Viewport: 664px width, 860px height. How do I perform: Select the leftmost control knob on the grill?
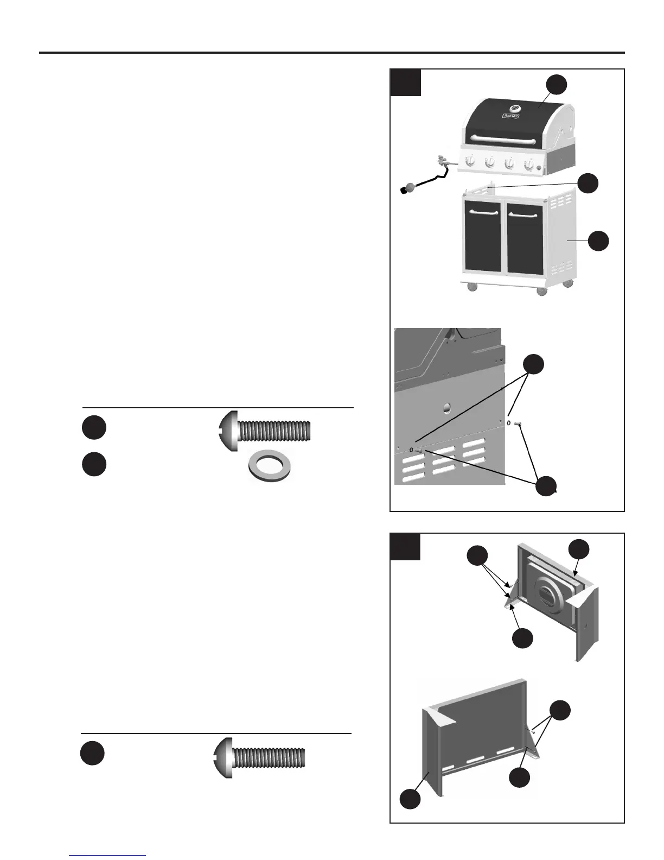point(472,161)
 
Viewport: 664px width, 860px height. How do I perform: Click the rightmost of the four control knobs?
point(528,164)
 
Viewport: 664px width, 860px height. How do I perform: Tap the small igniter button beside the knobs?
point(539,169)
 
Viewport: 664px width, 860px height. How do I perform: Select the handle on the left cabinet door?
point(483,212)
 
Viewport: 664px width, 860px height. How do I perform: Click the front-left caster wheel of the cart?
point(471,288)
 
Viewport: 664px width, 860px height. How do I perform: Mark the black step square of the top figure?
point(406,82)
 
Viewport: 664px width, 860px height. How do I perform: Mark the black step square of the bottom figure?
point(405,546)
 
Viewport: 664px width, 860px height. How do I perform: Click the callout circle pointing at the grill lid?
point(557,85)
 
